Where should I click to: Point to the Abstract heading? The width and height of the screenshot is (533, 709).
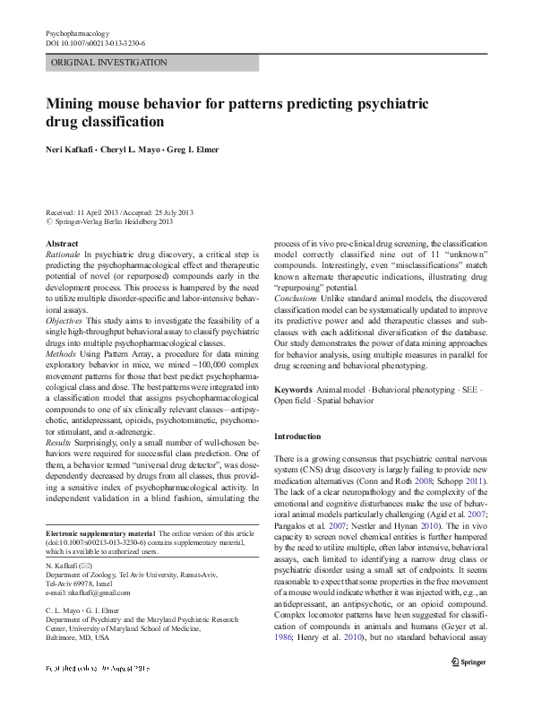pos(62,244)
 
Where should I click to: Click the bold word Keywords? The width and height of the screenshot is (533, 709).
pos(293,392)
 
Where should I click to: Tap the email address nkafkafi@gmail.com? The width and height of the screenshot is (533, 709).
pos(91,594)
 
